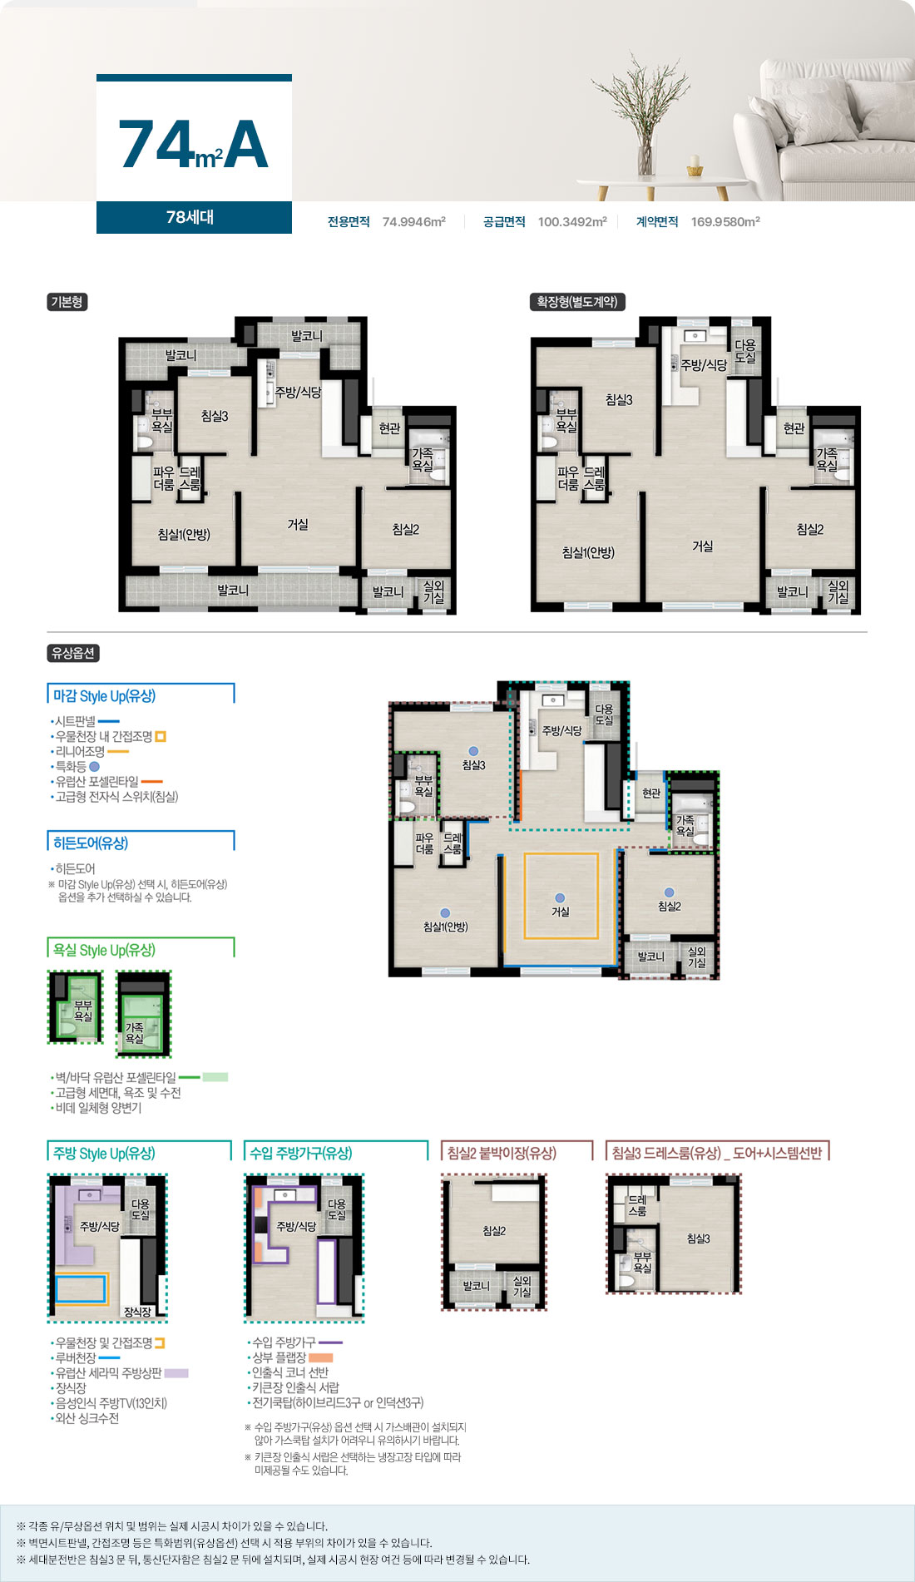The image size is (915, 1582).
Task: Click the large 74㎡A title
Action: click(194, 144)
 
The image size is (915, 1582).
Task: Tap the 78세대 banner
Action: click(190, 217)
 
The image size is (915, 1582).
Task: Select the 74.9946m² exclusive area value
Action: click(414, 222)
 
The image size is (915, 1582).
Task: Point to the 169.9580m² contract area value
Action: click(725, 222)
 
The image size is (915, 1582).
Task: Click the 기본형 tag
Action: click(67, 302)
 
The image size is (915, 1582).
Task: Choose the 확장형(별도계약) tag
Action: click(577, 302)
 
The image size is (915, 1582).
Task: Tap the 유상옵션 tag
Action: click(73, 653)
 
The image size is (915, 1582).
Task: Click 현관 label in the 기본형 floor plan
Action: click(389, 428)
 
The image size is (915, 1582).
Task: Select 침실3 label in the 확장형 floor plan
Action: click(619, 400)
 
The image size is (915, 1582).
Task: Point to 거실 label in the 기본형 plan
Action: click(298, 524)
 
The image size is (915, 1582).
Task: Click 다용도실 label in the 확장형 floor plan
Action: click(745, 351)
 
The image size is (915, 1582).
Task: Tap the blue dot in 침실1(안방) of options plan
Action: click(445, 912)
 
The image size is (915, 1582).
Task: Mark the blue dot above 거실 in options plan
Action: click(560, 897)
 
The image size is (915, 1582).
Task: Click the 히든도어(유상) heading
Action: click(91, 843)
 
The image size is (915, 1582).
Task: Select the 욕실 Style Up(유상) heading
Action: click(104, 950)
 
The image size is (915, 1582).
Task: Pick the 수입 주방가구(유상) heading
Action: click(301, 1153)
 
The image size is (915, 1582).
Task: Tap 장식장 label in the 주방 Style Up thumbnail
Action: click(137, 1312)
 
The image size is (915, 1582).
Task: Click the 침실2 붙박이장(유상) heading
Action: click(502, 1153)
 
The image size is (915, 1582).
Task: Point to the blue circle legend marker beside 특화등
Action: click(94, 767)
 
